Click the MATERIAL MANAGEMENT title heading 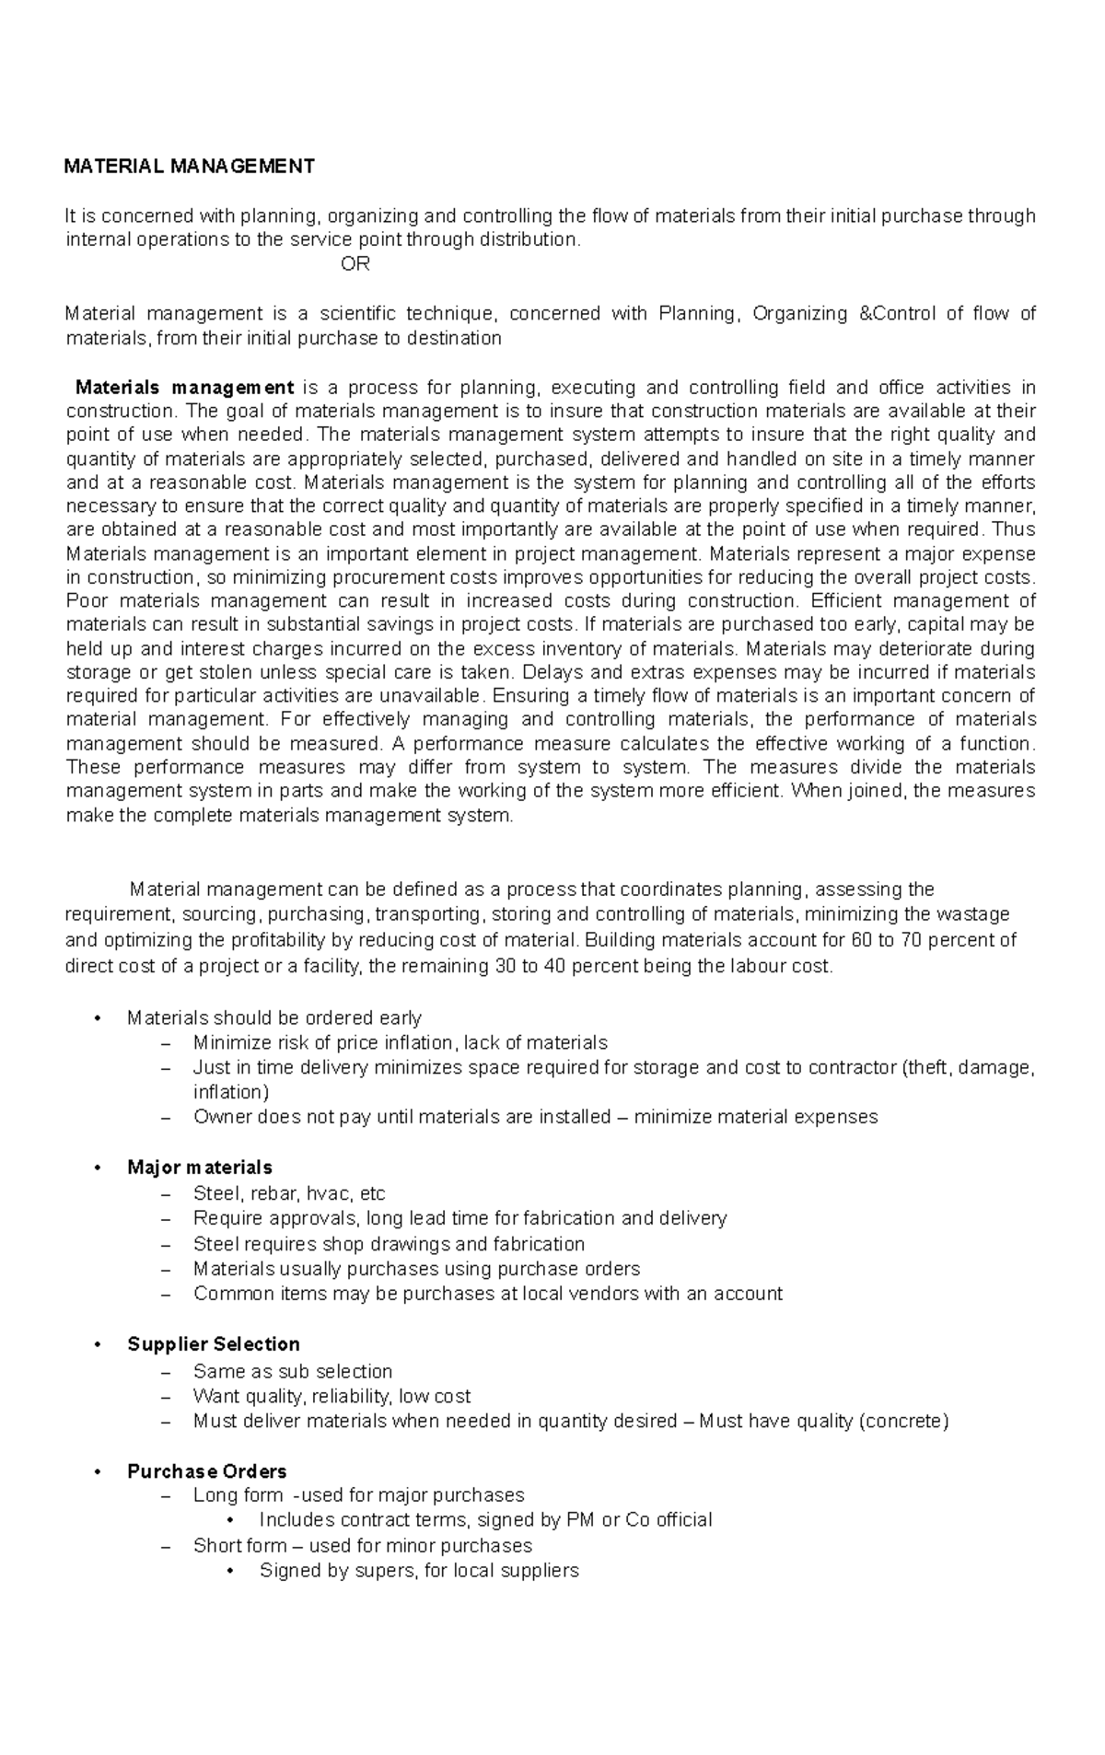tap(189, 166)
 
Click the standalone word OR tap(355, 264)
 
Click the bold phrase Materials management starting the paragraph tap(184, 387)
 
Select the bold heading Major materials tap(200, 1168)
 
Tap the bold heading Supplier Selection tap(214, 1343)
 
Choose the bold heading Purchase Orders tap(207, 1470)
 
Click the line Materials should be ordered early tap(274, 1017)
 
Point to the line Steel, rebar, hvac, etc tap(289, 1193)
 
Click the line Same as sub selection tap(293, 1371)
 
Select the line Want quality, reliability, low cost tap(331, 1396)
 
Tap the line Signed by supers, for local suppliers tap(419, 1570)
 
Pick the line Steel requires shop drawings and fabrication tap(389, 1244)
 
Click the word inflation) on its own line tap(231, 1092)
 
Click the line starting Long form tap(358, 1494)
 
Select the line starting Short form tap(363, 1545)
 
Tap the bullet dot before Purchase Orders tap(97, 1471)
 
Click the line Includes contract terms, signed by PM tap(485, 1519)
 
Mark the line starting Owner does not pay tap(535, 1117)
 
